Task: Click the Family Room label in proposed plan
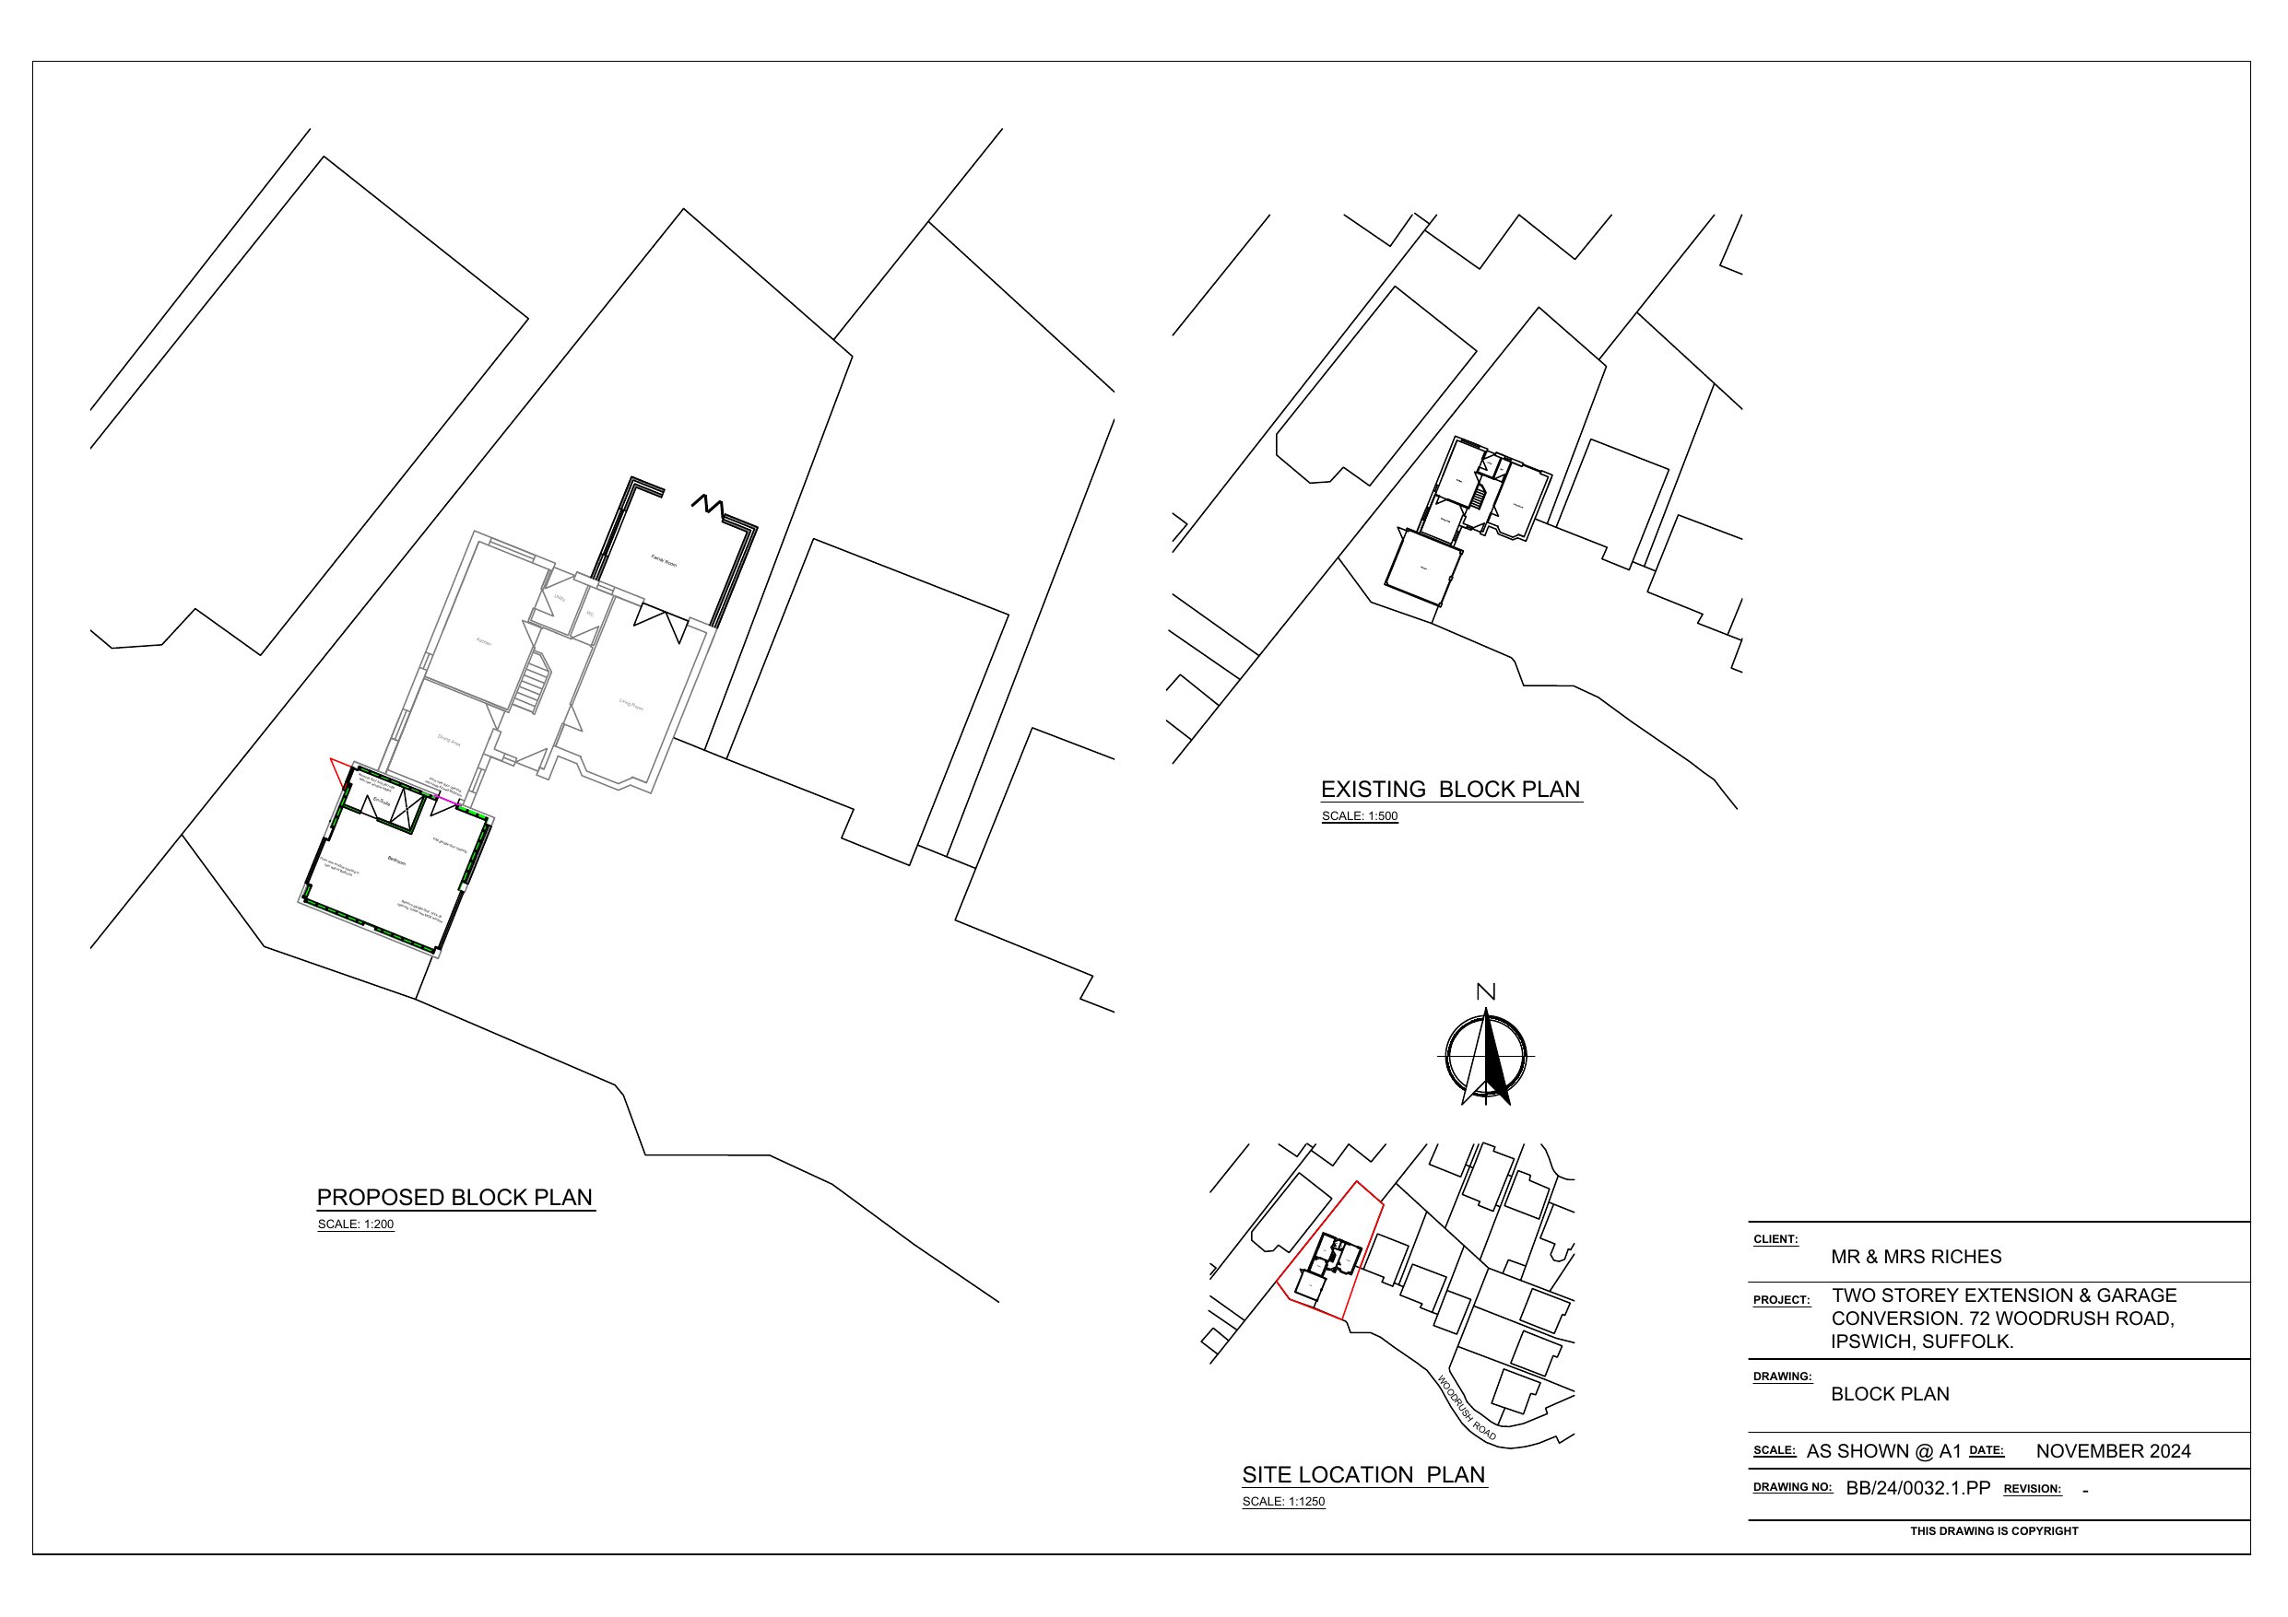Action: [664, 562]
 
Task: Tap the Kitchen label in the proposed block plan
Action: [483, 641]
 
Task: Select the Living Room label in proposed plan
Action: [631, 705]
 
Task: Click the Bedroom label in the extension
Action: [396, 861]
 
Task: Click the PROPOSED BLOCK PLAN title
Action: [454, 1197]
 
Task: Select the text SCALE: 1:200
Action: [356, 1224]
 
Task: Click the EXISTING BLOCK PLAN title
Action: [1450, 789]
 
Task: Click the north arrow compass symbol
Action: [1486, 1057]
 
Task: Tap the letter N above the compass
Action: [1486, 991]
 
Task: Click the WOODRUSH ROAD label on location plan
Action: [1466, 1408]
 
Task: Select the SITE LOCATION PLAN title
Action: [1363, 1474]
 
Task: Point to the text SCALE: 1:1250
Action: [1283, 1502]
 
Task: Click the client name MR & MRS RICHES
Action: [1916, 1257]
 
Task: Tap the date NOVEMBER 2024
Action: [2113, 1450]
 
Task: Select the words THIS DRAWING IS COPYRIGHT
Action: [1993, 1530]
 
